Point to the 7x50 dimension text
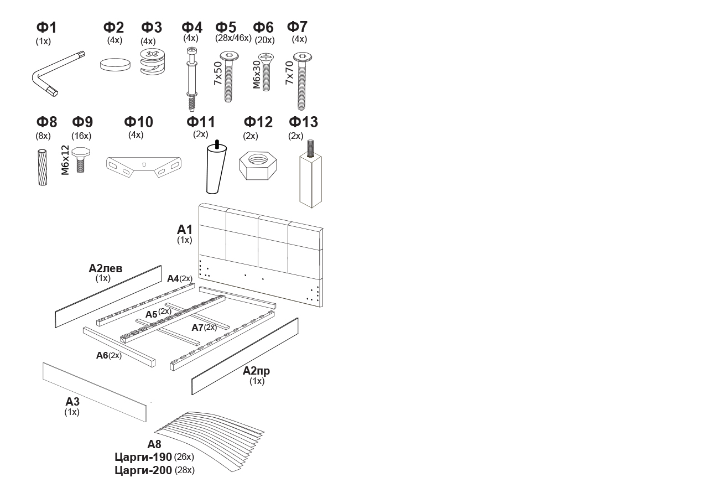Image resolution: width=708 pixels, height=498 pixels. tap(218, 72)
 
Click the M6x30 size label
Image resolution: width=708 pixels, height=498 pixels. tap(257, 74)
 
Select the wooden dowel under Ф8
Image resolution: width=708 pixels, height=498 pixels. tap(43, 167)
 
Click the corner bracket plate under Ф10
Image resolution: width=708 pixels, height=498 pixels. tap(143, 164)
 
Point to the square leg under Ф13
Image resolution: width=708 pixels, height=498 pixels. tap(310, 178)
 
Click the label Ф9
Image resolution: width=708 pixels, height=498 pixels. tap(82, 122)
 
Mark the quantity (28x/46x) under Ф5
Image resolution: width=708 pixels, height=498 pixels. tap(233, 38)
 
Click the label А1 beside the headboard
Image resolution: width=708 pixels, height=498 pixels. tap(185, 230)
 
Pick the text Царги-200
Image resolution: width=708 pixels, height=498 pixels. tap(143, 470)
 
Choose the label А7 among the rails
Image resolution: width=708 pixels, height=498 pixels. tap(197, 328)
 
